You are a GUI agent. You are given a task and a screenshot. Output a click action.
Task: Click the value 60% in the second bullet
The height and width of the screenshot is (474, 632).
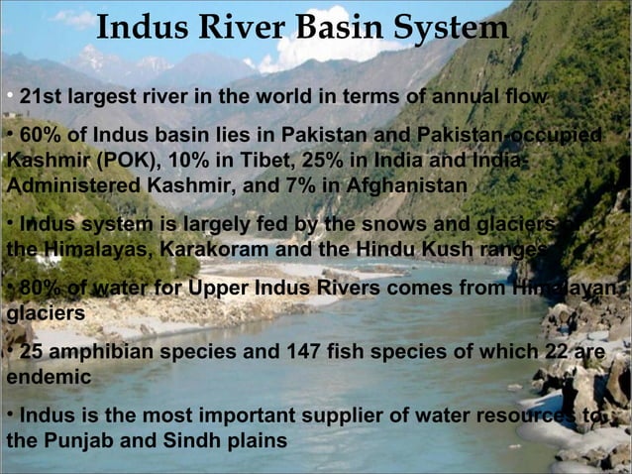pos(40,135)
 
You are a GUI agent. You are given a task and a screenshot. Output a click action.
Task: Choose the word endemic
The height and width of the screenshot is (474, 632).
pos(49,378)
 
